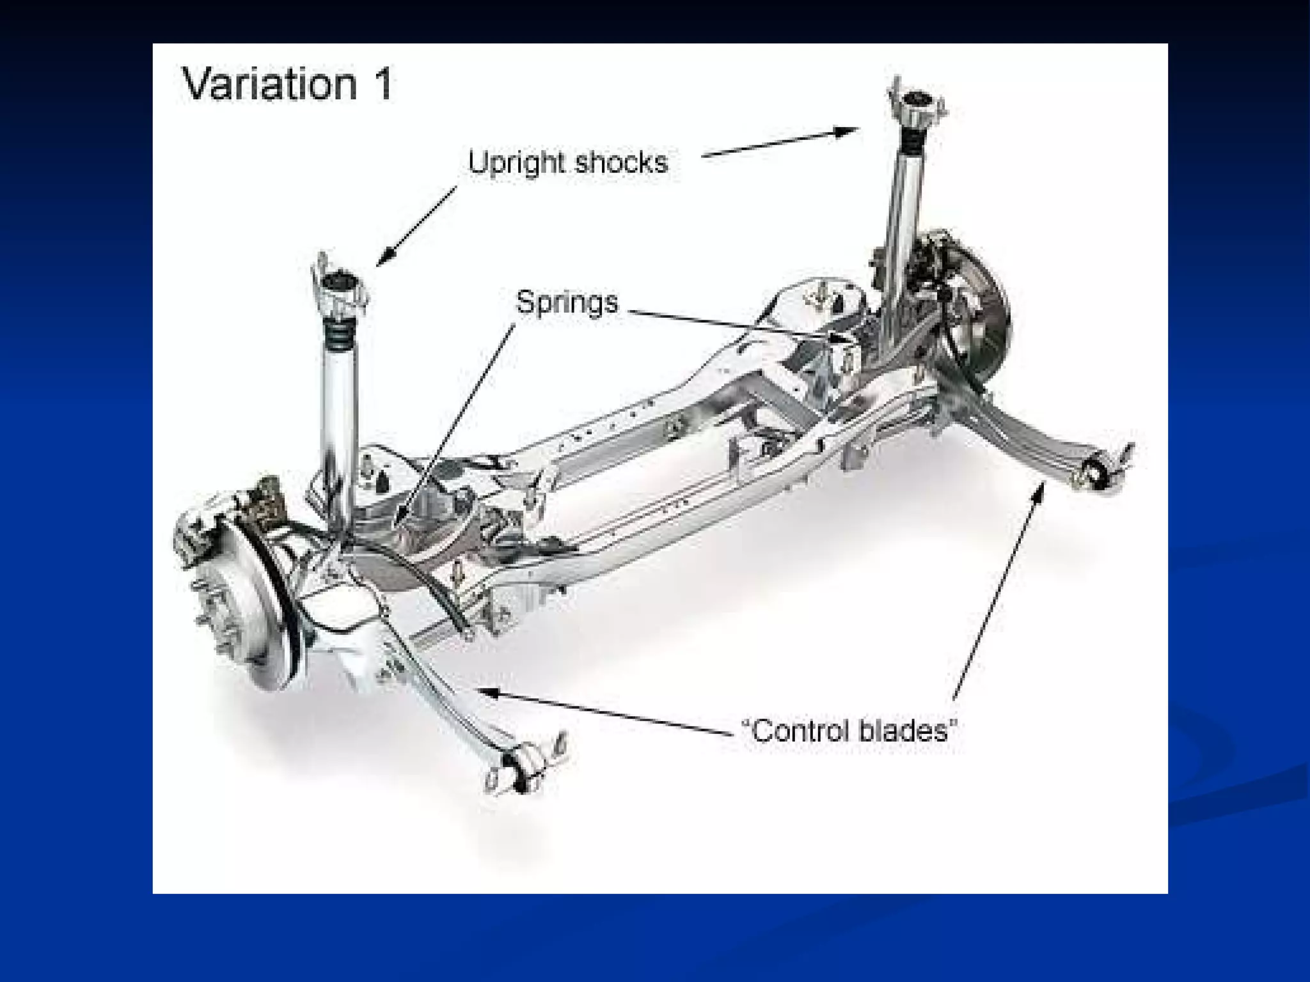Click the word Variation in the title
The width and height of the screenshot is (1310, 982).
[269, 84]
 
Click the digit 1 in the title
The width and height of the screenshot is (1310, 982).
[384, 84]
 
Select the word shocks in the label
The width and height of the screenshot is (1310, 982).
[621, 162]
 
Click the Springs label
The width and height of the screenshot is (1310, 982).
[567, 302]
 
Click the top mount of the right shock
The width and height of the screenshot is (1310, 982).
[917, 105]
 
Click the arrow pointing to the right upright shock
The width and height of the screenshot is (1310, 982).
[780, 142]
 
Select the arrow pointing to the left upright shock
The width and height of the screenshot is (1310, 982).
[416, 226]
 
